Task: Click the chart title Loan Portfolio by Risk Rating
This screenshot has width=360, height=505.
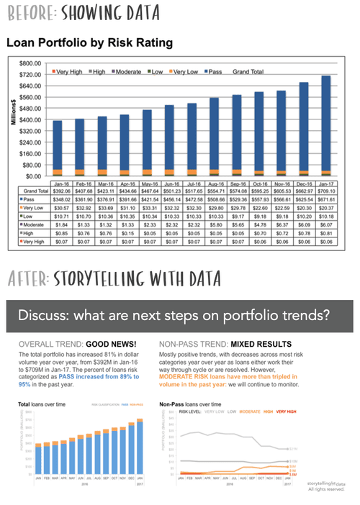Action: pyautogui.click(x=89, y=43)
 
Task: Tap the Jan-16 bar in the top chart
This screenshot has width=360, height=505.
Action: pyautogui.click(x=57, y=147)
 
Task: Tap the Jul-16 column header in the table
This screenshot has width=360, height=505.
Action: pyautogui.click(x=192, y=183)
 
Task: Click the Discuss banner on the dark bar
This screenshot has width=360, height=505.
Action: pyautogui.click(x=180, y=316)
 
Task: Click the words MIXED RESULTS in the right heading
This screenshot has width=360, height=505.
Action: pyautogui.click(x=267, y=345)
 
